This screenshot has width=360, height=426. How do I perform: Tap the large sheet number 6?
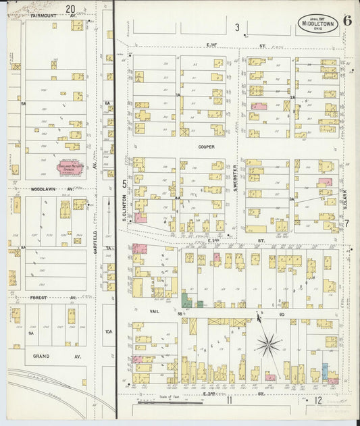point(346,20)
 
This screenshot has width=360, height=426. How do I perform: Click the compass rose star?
point(268,345)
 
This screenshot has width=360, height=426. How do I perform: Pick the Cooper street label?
point(206,147)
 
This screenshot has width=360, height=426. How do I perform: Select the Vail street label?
point(154,313)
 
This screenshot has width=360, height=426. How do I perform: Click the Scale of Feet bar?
point(169,404)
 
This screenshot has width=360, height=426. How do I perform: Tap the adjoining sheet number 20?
point(71,9)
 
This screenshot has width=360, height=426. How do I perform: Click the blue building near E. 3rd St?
point(325,371)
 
